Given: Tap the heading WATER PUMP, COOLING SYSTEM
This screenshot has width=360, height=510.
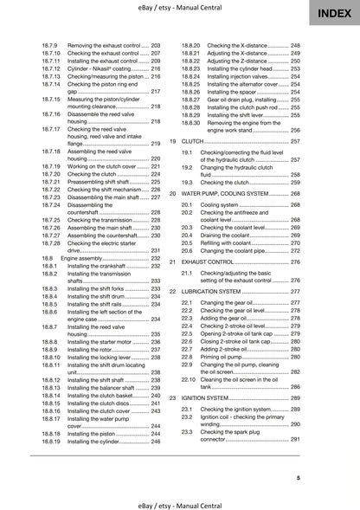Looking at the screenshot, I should pos(227,194).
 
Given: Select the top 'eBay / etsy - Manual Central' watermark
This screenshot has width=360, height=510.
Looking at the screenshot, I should pos(179,7).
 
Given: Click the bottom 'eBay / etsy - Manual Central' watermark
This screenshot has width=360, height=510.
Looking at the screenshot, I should pos(179,501).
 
